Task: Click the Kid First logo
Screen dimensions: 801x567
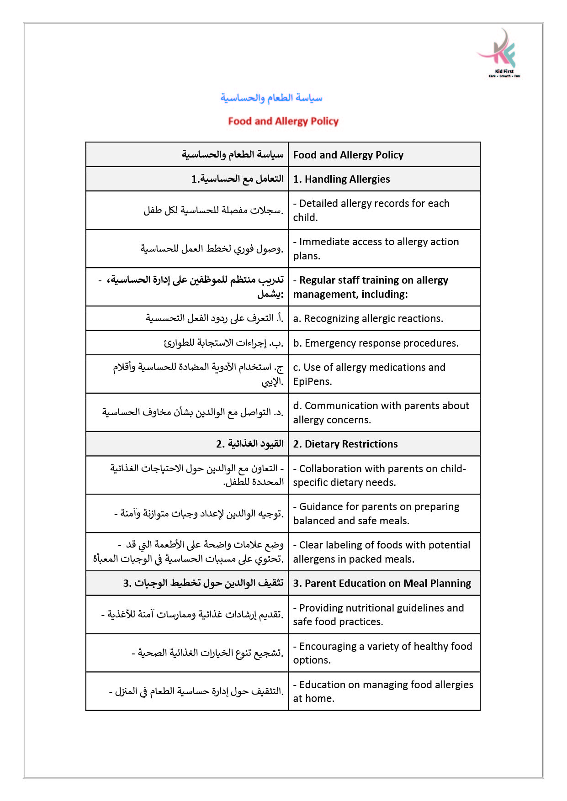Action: (500, 53)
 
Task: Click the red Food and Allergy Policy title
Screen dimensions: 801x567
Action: (283, 121)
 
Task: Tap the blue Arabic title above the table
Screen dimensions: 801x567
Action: (271, 98)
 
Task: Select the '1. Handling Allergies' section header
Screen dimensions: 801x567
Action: (341, 179)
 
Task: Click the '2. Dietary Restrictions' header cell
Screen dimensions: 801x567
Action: (345, 444)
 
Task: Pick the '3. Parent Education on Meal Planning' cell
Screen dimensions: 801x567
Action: (382, 583)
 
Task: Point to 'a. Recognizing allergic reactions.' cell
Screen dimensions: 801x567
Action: (368, 318)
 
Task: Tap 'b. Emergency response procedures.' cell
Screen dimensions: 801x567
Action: (376, 343)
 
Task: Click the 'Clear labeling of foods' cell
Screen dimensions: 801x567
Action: (382, 552)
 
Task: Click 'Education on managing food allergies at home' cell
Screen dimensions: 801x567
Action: (383, 691)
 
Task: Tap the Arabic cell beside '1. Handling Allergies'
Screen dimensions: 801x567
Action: (237, 179)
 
